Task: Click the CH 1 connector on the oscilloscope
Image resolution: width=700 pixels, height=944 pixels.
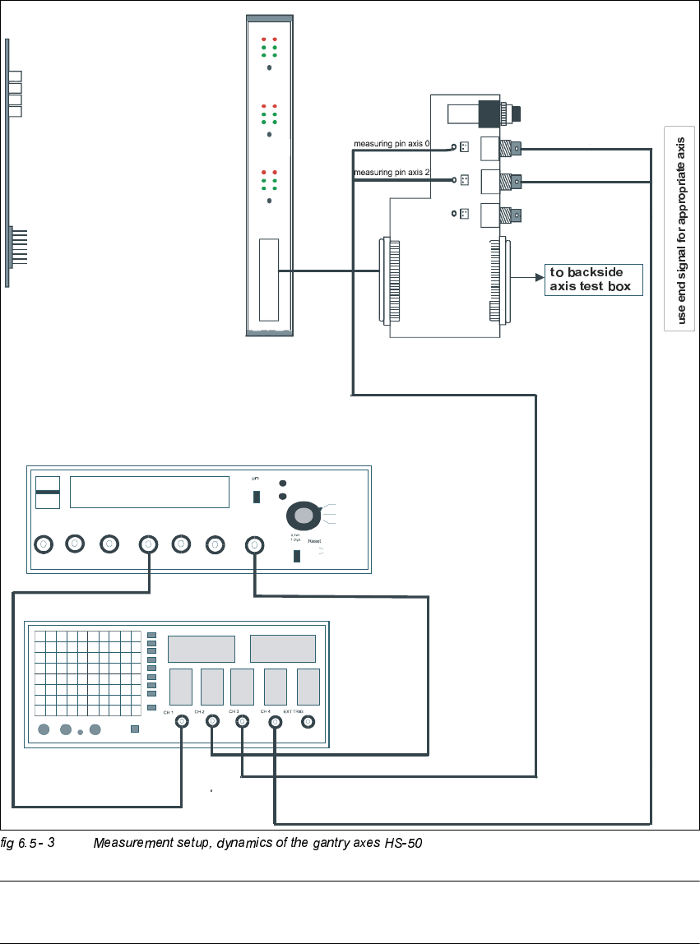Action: (181, 722)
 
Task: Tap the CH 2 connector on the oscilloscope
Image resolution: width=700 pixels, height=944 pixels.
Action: (212, 722)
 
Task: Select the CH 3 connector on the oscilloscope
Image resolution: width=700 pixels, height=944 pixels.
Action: (242, 722)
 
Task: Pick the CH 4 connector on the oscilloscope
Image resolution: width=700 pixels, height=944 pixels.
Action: (274, 722)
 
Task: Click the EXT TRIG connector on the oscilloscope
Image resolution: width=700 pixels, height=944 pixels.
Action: (308, 722)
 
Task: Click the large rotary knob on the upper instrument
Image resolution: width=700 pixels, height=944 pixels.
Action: (304, 516)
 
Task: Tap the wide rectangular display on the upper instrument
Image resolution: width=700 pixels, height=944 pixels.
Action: (149, 492)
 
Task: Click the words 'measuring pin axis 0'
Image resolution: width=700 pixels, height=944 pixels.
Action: (392, 143)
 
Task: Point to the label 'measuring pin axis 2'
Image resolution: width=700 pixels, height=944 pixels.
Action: (392, 173)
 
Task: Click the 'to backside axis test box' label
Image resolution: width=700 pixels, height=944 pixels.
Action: (592, 280)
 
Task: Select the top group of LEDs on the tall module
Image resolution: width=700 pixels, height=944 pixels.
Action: (268, 47)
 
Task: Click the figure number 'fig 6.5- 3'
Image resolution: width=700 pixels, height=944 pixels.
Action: (27, 844)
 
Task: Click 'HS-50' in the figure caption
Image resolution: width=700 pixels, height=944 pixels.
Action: (403, 844)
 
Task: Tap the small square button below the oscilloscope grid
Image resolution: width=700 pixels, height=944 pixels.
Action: (135, 729)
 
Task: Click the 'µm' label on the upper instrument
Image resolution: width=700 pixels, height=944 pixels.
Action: (255, 478)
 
